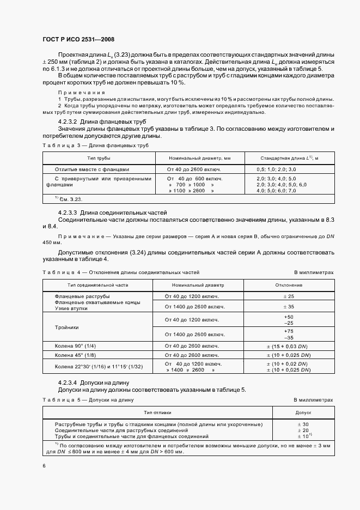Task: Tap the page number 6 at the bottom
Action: point(44,465)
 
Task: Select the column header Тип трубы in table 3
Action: point(99,158)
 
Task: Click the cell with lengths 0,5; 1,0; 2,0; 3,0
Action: point(277,169)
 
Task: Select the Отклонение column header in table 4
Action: point(289,285)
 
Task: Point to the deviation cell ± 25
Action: point(289,296)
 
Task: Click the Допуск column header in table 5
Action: point(303,412)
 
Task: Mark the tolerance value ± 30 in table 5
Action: point(303,424)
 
